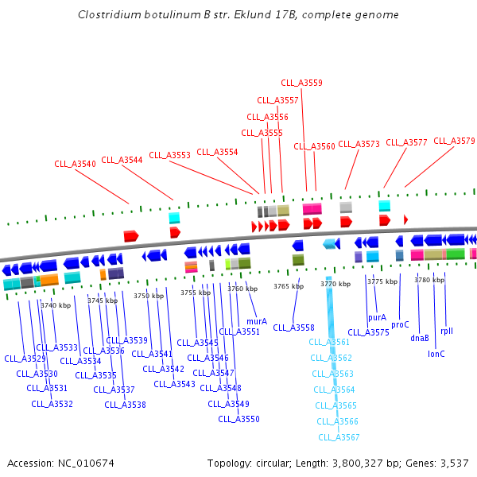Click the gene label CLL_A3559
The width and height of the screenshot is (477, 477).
point(302,83)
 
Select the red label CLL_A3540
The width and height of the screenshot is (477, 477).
point(75,164)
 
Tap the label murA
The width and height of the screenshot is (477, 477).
point(257,321)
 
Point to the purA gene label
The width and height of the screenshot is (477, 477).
point(377,317)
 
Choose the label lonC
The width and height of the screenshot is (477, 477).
point(436,354)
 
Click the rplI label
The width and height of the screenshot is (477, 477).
point(447,331)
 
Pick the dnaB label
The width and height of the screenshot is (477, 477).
point(420,339)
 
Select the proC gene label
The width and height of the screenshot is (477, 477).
point(400,324)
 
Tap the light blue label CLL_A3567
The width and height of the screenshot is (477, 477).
point(339,437)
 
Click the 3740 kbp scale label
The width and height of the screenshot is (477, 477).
point(56,305)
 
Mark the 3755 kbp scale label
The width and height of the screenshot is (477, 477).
point(196,293)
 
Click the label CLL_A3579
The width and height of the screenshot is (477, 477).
point(454,141)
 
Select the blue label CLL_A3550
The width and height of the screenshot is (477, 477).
point(238,419)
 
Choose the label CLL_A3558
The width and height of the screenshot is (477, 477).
point(293,328)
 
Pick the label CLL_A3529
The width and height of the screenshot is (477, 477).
point(25,359)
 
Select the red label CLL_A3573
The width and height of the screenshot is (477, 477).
point(359,144)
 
